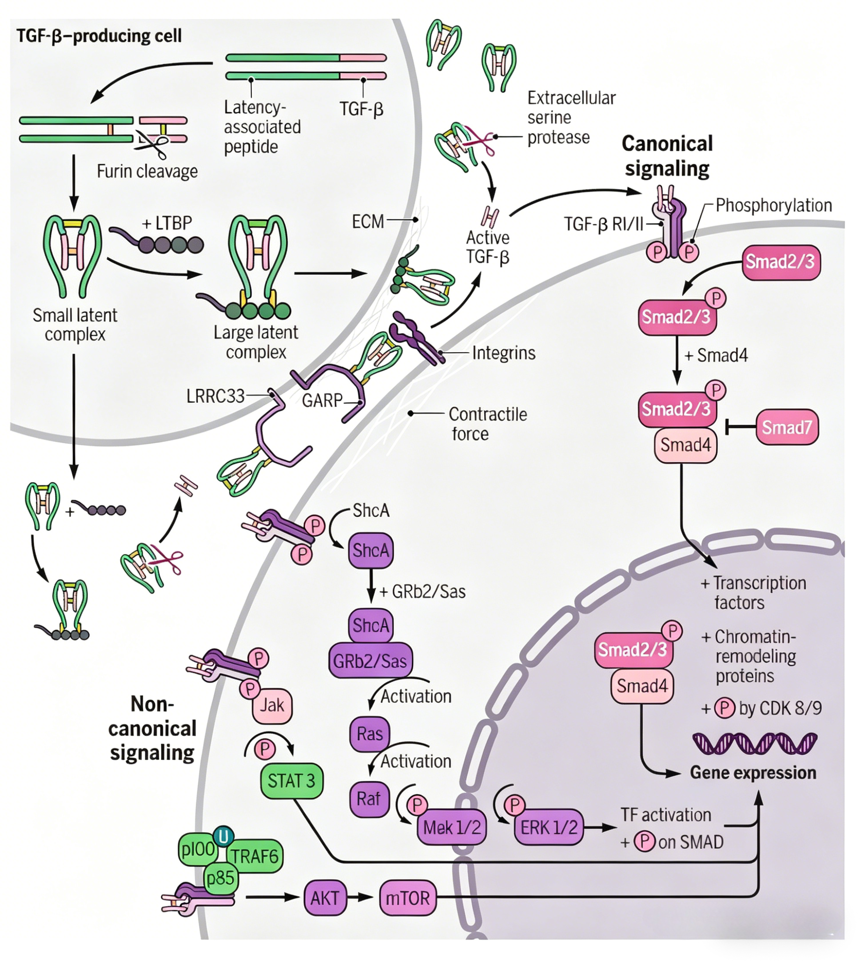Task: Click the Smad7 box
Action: point(787,427)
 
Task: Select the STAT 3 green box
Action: point(291,781)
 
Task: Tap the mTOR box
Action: point(408,897)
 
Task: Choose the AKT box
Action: point(325,897)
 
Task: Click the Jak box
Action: point(272,706)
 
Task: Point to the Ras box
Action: point(370,734)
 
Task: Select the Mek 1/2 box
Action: point(452,827)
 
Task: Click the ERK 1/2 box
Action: point(549,827)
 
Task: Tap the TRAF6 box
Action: point(255,856)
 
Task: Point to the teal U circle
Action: point(223,836)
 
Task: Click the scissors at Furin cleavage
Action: point(151,143)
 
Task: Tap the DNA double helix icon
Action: point(755,743)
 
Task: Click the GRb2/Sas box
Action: point(370,660)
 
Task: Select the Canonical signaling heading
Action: point(667,156)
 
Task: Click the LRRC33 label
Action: point(215,396)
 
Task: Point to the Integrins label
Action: point(504,353)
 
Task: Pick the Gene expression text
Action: point(753,772)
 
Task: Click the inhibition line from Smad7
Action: point(741,428)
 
